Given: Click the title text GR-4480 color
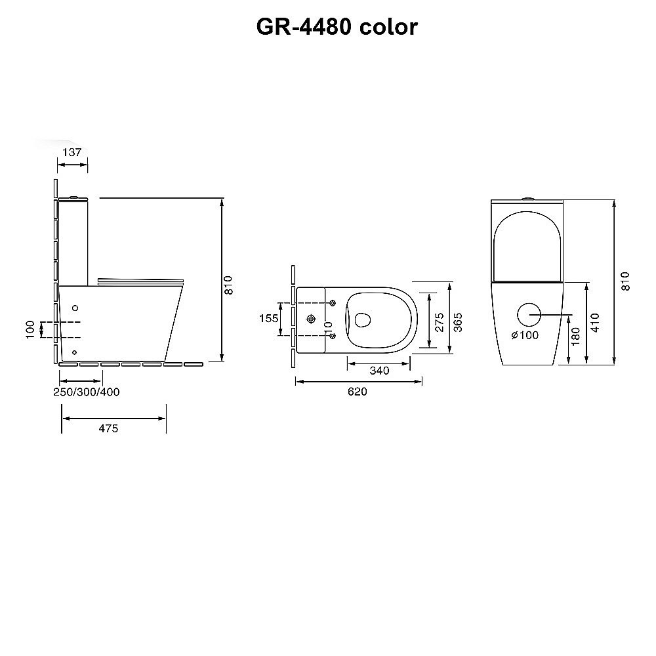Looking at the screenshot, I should (337, 26).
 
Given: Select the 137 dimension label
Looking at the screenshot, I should (72, 152).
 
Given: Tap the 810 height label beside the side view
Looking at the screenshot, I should (229, 284).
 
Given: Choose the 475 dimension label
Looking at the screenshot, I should (108, 428).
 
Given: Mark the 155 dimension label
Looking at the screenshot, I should (269, 318).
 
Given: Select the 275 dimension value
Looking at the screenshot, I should (440, 322).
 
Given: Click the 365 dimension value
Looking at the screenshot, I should (459, 321).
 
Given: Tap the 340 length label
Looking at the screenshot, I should (379, 371).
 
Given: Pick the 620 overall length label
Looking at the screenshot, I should (358, 392).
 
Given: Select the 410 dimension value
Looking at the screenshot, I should (594, 322).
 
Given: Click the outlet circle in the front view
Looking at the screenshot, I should (529, 315).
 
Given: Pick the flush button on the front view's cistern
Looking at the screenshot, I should (527, 199).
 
